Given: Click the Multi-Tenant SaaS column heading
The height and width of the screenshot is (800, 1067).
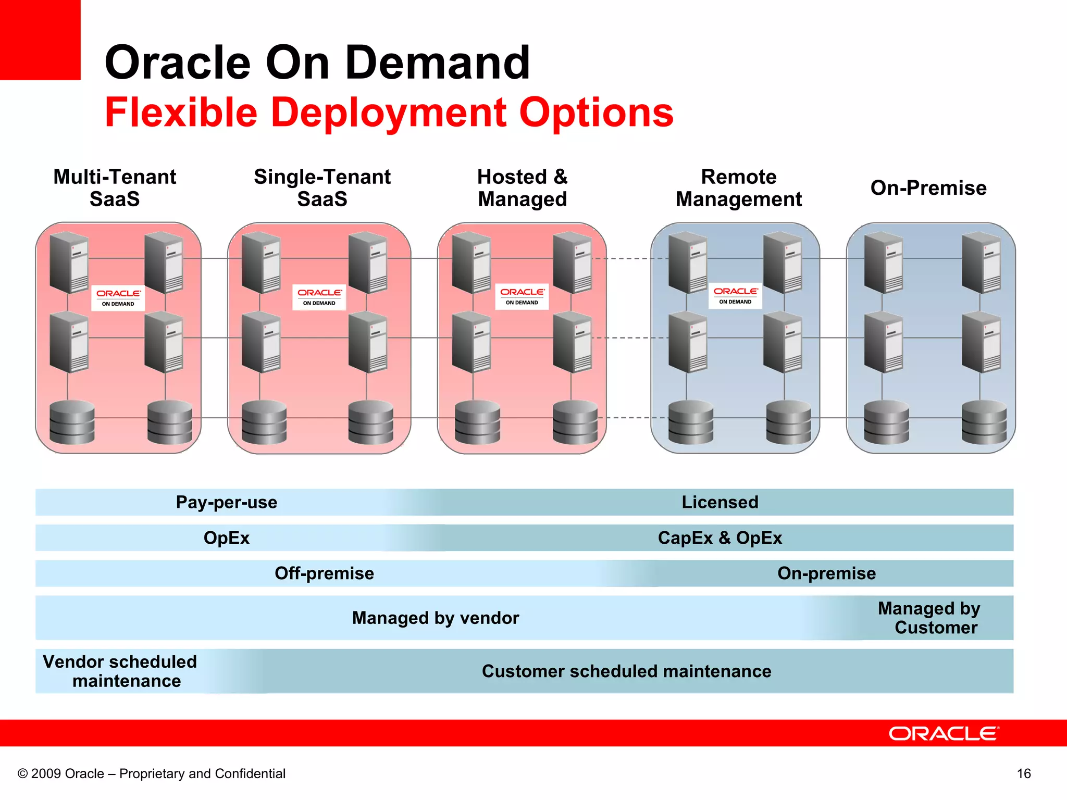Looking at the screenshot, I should click(x=115, y=188).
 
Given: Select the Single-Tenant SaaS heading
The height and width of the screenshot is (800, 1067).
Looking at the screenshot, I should click(x=322, y=188).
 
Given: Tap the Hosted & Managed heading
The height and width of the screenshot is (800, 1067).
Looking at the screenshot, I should click(x=522, y=188).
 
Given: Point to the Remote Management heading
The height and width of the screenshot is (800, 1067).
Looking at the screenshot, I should click(x=738, y=188).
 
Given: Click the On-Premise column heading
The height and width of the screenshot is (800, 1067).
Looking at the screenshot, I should click(x=928, y=188).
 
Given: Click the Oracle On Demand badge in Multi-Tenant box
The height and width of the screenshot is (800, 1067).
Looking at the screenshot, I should click(x=118, y=298).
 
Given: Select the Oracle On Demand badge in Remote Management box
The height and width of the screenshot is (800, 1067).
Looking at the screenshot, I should click(x=735, y=296).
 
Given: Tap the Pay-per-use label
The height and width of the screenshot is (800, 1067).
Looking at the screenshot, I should click(x=226, y=502).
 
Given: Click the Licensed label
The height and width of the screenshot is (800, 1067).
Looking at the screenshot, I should click(x=719, y=502).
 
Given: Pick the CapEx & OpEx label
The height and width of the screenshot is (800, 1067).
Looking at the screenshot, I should click(x=719, y=537).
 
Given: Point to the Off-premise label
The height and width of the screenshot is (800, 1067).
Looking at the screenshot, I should click(x=324, y=573).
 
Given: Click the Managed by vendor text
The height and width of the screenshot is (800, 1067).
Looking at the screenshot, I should click(x=435, y=618).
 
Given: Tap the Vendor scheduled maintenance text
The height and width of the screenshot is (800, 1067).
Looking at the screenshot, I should click(x=121, y=671).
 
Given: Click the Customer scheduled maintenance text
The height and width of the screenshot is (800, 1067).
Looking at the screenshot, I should click(x=626, y=671).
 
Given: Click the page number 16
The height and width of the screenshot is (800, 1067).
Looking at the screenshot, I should click(x=1023, y=773).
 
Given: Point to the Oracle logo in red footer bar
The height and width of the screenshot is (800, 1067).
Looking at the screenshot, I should click(x=943, y=733).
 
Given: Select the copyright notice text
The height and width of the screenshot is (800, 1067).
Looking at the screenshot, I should click(x=152, y=773).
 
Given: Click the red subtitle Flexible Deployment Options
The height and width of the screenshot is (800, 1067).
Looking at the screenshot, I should click(x=389, y=112).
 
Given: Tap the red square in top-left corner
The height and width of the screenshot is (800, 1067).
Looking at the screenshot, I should click(x=40, y=40).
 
